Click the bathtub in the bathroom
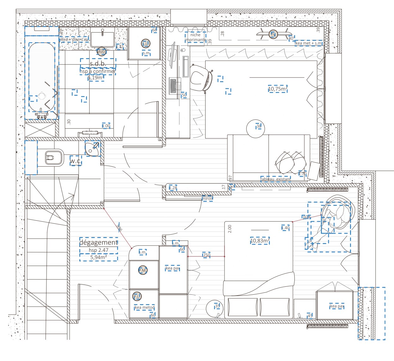42,77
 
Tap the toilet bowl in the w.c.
52,157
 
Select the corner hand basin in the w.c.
92,149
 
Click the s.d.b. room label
98,64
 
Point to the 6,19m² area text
96,77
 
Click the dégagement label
99,242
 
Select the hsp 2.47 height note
99,250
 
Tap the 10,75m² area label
278,89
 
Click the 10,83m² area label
260,241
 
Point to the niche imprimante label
195,37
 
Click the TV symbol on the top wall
273,34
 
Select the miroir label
207,199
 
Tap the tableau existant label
275,179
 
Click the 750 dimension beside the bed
206,255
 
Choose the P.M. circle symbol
143,270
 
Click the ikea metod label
144,307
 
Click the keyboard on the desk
173,86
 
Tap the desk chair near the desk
200,77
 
